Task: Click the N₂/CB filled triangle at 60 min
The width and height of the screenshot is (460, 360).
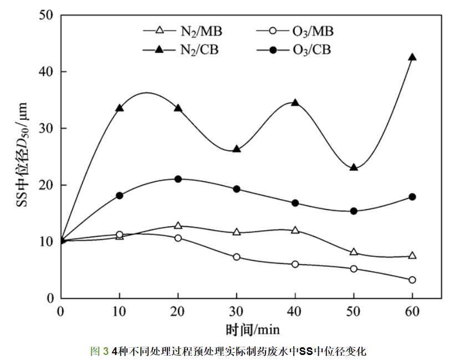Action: pos(412,57)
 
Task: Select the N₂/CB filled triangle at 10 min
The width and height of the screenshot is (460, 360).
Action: pos(119,108)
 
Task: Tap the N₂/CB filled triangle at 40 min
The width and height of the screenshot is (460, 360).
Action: pos(295,103)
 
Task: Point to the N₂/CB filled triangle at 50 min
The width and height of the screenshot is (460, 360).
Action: pos(354,167)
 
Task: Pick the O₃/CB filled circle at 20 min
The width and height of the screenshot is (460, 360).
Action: pos(178,179)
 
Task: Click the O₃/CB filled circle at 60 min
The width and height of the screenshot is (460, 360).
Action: pos(412,197)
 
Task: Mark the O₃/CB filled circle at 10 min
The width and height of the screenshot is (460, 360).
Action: pos(119,195)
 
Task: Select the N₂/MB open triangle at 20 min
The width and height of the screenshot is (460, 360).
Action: pos(178,226)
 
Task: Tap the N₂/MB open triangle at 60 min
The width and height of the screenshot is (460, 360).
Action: pos(412,256)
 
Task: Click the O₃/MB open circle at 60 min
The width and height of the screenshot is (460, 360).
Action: pos(412,280)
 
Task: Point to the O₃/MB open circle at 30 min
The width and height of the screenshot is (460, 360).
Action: pos(237,257)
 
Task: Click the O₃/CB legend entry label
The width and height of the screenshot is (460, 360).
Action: pos(311,50)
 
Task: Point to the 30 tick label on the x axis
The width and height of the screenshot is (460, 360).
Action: pos(237,311)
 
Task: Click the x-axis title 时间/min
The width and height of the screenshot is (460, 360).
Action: pos(252,330)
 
